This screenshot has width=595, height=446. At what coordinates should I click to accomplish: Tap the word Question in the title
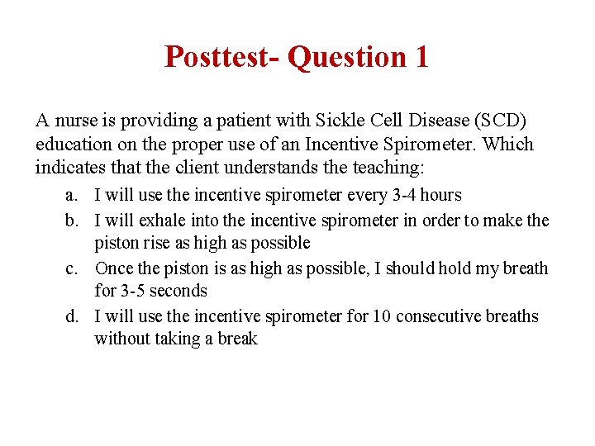(x=347, y=57)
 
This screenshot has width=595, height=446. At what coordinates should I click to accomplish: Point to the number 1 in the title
(x=421, y=57)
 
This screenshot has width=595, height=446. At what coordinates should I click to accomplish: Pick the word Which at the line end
(x=508, y=145)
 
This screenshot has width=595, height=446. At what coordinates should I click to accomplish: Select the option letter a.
(x=71, y=196)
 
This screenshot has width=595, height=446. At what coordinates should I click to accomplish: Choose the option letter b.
(x=71, y=220)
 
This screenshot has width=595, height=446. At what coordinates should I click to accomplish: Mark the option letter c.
(x=71, y=268)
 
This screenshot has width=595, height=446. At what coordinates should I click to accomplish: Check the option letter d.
(x=71, y=316)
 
